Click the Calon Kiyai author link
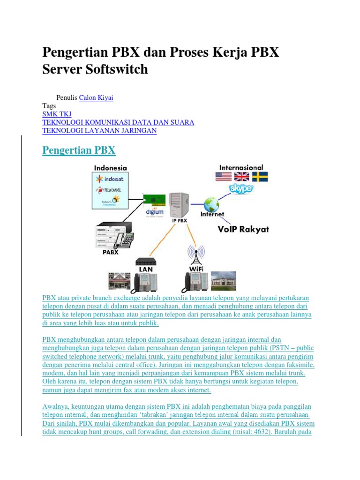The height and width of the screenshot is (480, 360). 96,97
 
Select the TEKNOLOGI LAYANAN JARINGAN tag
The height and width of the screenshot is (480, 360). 99,131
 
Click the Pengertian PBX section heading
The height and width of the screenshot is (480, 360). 79,150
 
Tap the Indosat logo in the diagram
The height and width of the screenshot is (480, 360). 110,179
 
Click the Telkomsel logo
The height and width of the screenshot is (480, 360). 109,190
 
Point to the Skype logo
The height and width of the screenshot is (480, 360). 241,188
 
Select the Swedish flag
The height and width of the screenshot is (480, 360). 260,177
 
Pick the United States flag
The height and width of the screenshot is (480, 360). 224,177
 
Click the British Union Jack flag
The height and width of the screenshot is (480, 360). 242,177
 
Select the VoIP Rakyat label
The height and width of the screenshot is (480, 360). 243,229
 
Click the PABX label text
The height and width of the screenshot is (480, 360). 110,252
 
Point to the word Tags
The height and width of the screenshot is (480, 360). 49,106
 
